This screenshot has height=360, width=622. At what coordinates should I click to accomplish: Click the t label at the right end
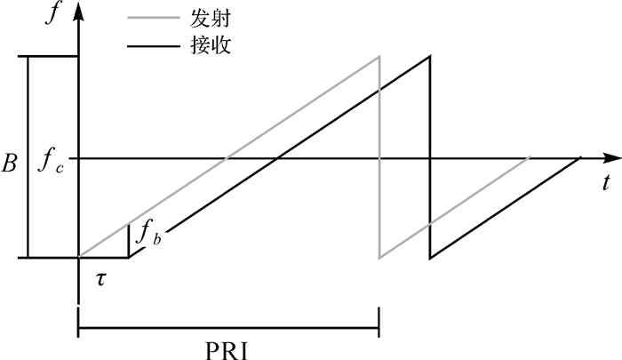[605, 183]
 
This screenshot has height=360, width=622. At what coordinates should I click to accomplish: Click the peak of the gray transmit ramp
[379, 57]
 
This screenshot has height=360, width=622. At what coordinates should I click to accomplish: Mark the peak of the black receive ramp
[430, 57]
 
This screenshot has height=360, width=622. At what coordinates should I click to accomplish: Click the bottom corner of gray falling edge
[380, 258]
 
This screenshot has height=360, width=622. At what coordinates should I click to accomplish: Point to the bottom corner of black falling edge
[431, 258]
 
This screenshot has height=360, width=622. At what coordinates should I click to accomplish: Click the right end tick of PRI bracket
[379, 321]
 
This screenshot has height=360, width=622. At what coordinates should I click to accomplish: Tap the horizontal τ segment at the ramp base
[104, 258]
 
